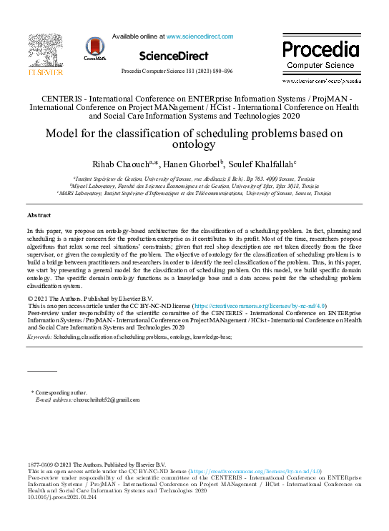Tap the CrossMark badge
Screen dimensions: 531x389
click(95, 49)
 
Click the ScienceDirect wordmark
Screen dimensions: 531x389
click(174, 56)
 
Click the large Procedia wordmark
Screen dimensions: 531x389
click(320, 50)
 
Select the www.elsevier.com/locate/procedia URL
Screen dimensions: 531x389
click(320, 82)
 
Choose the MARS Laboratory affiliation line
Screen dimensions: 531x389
click(194, 193)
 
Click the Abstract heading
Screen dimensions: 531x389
click(39, 215)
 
